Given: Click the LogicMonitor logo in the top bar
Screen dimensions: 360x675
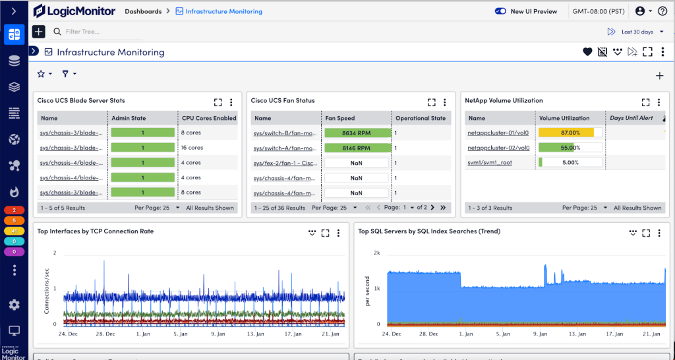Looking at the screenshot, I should (x=74, y=11).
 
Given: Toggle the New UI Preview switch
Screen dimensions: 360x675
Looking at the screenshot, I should (x=500, y=11).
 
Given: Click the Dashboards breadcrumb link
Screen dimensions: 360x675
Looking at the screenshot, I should (x=142, y=11).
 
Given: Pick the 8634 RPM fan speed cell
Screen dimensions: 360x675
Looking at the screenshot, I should (x=357, y=133).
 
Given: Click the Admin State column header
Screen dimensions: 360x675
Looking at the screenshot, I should (x=129, y=118).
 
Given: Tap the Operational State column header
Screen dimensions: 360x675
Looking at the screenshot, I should (x=421, y=118).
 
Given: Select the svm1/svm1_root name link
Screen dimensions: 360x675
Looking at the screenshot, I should (x=489, y=162).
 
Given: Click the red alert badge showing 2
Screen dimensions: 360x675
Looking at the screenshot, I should (x=14, y=210).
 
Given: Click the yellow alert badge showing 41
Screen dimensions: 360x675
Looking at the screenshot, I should (x=14, y=231).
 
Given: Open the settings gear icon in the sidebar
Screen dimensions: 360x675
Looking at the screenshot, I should (x=14, y=305).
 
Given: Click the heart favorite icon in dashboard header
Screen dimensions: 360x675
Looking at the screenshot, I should (x=587, y=52).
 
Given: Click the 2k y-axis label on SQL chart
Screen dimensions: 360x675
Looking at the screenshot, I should (x=377, y=253).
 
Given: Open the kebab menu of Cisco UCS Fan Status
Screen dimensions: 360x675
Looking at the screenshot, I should (x=445, y=102).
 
